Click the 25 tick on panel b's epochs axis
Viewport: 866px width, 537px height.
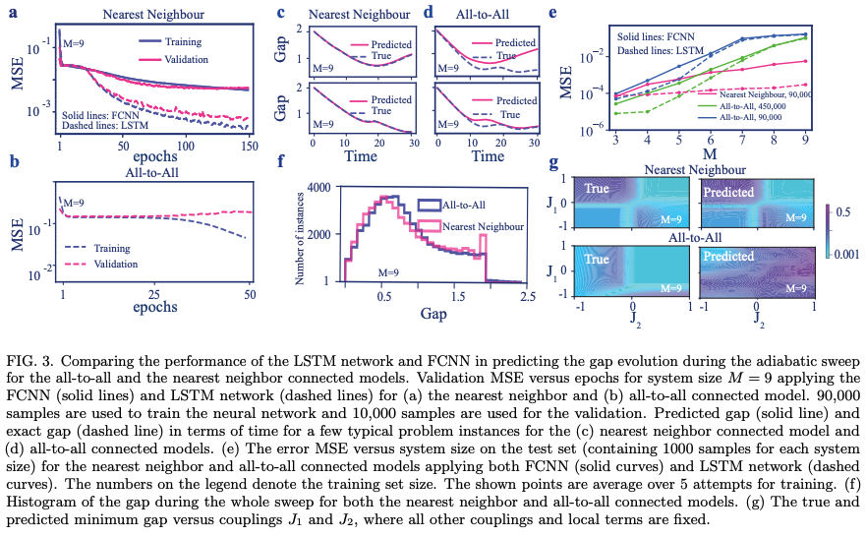(155, 294)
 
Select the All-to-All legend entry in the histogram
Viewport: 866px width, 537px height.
(465, 206)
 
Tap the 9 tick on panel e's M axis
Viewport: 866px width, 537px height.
(806, 141)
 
